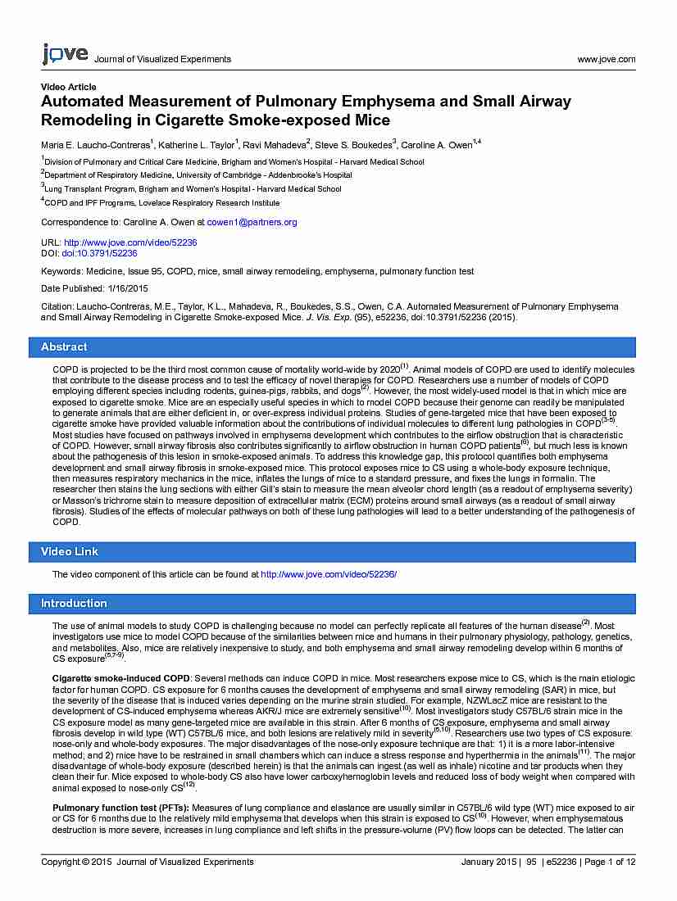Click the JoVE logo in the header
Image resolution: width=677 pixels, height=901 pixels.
(x=64, y=55)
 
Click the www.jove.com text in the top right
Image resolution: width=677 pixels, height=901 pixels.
(x=606, y=59)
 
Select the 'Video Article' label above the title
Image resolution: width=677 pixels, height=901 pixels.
(x=68, y=87)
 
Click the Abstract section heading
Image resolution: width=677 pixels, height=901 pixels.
(x=64, y=347)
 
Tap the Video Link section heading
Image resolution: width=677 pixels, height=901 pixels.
(x=69, y=552)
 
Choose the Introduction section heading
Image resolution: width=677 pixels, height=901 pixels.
(x=74, y=604)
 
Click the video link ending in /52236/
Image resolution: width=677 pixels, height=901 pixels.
(x=328, y=575)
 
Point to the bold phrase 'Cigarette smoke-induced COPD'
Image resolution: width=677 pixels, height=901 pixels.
(x=120, y=679)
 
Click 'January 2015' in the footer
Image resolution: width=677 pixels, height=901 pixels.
(x=489, y=862)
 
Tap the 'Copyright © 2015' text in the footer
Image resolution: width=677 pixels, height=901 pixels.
(x=75, y=862)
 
